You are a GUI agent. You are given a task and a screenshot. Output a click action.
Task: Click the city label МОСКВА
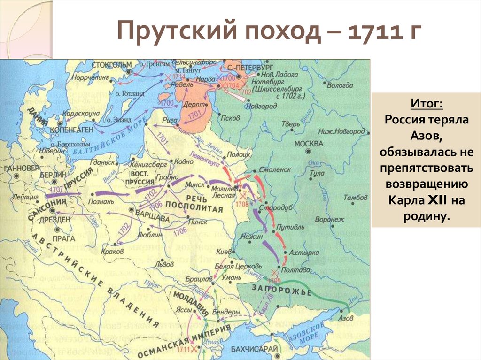[x=309, y=143]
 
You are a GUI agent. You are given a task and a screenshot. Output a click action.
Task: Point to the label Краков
[x=112, y=252]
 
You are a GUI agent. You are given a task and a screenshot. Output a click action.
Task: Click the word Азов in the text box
[x=426, y=136]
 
